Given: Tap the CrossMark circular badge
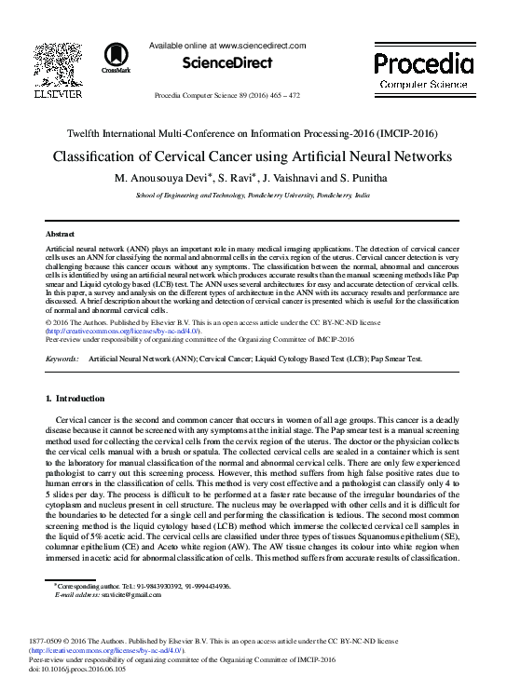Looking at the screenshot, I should [116, 56].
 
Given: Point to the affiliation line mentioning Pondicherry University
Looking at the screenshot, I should [253, 197].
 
